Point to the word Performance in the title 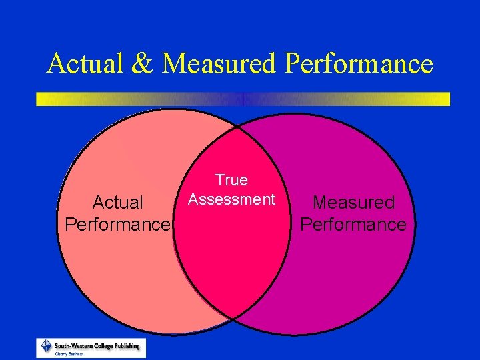(x=359, y=64)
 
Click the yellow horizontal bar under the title (x=243, y=99)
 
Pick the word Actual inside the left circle (x=118, y=202)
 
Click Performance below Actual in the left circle (x=118, y=224)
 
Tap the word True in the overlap (x=231, y=180)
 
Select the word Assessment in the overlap (x=231, y=199)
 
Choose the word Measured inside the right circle (x=353, y=202)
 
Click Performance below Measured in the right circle (x=353, y=224)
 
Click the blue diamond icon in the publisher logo (x=47, y=345)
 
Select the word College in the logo (x=100, y=346)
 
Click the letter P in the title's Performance (x=292, y=64)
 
